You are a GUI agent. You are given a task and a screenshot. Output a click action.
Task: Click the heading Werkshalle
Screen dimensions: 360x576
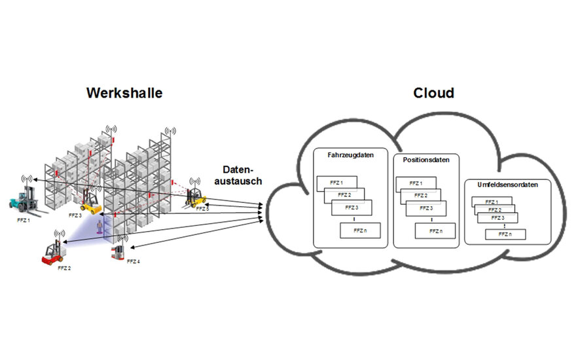coord(124,93)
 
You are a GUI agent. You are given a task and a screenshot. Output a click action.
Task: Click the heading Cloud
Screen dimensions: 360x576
coord(433,93)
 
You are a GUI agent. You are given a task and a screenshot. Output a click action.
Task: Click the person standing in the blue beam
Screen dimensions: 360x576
coord(99,226)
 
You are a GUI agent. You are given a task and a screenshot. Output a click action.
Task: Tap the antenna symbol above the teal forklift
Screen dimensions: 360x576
coord(26,179)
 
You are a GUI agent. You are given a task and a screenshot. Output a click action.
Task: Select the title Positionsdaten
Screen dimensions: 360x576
coord(425,159)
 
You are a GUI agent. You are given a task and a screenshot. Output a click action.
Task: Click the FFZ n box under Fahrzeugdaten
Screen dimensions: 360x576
coord(359,231)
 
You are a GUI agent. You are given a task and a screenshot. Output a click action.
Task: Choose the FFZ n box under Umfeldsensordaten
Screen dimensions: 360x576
coord(505,234)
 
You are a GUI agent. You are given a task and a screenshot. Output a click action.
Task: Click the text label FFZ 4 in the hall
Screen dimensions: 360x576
coord(133,261)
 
